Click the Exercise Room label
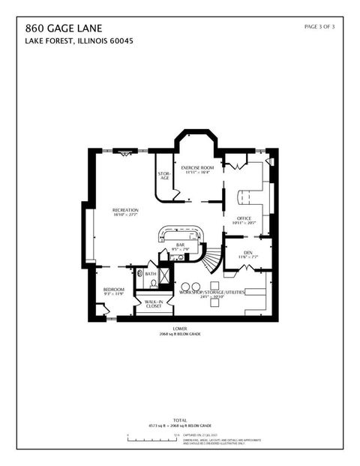click(197, 167)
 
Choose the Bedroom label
click(113, 290)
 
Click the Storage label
click(163, 176)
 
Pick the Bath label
click(151, 274)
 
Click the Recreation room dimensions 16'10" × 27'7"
click(124, 214)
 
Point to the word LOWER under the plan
click(179, 328)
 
